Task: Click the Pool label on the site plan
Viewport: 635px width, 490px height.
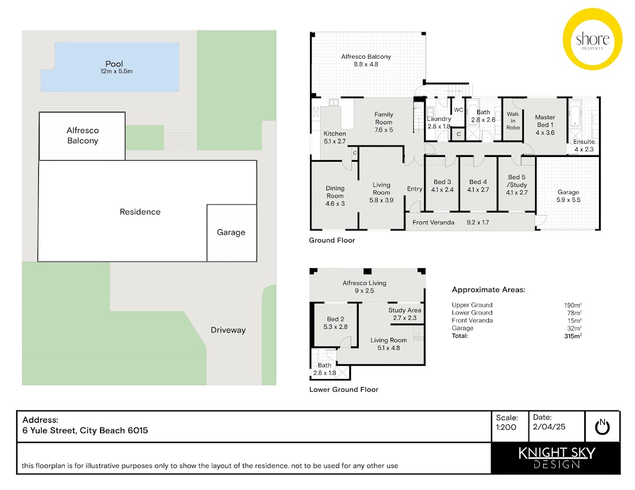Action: pyautogui.click(x=114, y=63)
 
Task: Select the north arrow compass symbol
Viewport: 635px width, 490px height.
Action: pyautogui.click(x=602, y=427)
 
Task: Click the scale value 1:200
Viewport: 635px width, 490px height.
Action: pyautogui.click(x=506, y=427)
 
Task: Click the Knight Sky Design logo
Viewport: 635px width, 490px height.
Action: pyautogui.click(x=556, y=458)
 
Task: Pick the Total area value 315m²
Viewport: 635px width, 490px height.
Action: pyautogui.click(x=573, y=336)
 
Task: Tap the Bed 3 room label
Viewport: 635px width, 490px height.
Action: pyautogui.click(x=442, y=182)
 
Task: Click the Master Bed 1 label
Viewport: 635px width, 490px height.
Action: pyautogui.click(x=545, y=121)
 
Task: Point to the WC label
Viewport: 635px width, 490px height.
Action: pyautogui.click(x=458, y=110)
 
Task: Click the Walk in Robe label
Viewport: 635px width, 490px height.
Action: pyautogui.click(x=513, y=121)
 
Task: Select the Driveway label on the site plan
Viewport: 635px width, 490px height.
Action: pyautogui.click(x=228, y=330)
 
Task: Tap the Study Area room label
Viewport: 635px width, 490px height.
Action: pyautogui.click(x=405, y=310)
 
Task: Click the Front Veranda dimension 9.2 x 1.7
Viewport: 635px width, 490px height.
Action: pyautogui.click(x=477, y=223)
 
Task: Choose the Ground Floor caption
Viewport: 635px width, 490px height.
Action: pyautogui.click(x=332, y=240)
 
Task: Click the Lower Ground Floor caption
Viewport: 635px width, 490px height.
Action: pyautogui.click(x=343, y=390)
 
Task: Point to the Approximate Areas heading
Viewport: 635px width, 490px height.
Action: pyautogui.click(x=488, y=290)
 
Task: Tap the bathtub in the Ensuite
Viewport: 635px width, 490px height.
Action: pyautogui.click(x=575, y=113)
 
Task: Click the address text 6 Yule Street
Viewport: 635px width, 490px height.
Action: pyautogui.click(x=50, y=430)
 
